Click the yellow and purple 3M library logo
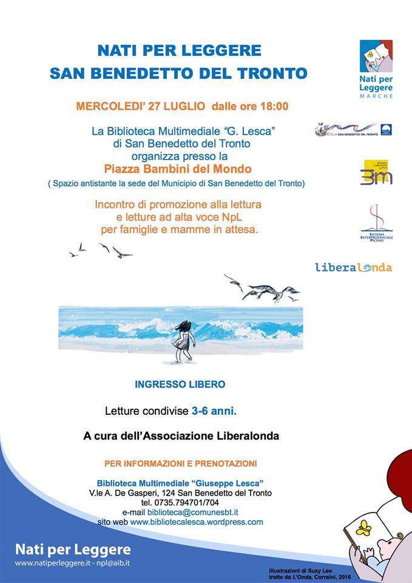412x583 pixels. point(377,172)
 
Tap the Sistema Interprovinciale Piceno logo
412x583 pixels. point(376,222)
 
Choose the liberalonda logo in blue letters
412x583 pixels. point(353,267)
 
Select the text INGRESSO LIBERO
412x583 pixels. point(180,384)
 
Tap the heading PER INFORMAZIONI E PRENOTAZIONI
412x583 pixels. point(181,463)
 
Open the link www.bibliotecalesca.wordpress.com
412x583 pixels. point(197,522)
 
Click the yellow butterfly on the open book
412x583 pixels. point(363,527)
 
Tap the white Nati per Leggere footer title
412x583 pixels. point(73,550)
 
